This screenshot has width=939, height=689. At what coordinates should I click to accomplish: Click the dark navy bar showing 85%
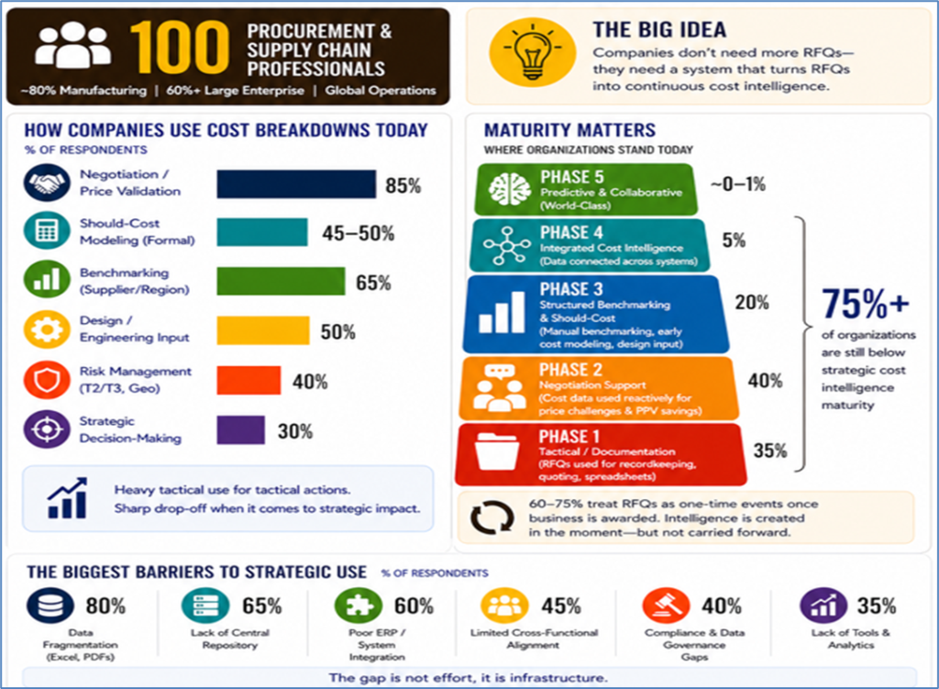(296, 183)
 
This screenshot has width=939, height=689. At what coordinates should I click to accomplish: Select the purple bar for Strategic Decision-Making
(241, 430)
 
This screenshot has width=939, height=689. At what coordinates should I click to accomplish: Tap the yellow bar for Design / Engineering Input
(263, 330)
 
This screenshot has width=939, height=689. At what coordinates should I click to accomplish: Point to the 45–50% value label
(359, 233)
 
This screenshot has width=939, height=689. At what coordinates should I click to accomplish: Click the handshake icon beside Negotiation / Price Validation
(47, 183)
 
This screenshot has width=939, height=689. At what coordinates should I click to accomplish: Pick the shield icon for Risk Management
(47, 380)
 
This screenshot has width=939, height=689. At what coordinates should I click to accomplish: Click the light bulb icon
(533, 52)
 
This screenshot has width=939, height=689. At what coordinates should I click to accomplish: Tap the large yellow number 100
(180, 48)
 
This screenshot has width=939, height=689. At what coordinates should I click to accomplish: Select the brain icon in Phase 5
(509, 189)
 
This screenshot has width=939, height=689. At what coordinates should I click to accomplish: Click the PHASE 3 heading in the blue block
(571, 289)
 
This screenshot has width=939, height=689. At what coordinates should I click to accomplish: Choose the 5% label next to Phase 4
(734, 241)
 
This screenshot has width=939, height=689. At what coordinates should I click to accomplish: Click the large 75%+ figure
(866, 303)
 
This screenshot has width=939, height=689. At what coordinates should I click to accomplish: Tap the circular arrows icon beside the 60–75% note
(492, 517)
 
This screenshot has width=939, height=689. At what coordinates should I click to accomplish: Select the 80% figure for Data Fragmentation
(105, 606)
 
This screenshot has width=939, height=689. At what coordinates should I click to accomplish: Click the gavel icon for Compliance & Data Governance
(665, 606)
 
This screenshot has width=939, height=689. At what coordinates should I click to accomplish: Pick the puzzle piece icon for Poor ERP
(359, 606)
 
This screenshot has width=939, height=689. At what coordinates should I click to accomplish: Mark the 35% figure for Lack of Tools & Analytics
(876, 606)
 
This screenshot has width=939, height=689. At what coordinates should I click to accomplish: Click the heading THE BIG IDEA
(659, 30)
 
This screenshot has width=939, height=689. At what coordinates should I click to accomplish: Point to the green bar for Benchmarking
(281, 282)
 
